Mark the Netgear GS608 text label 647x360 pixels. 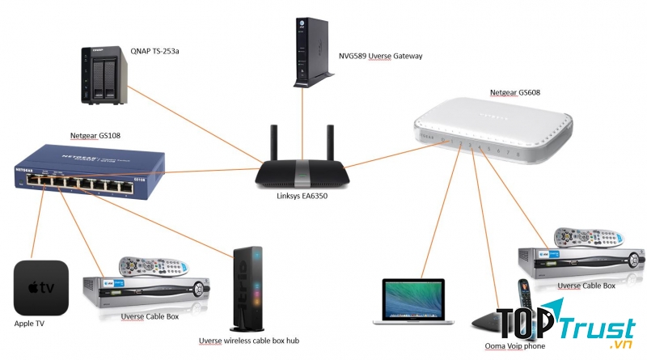point(515,93)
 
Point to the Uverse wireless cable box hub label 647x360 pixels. point(249,341)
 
